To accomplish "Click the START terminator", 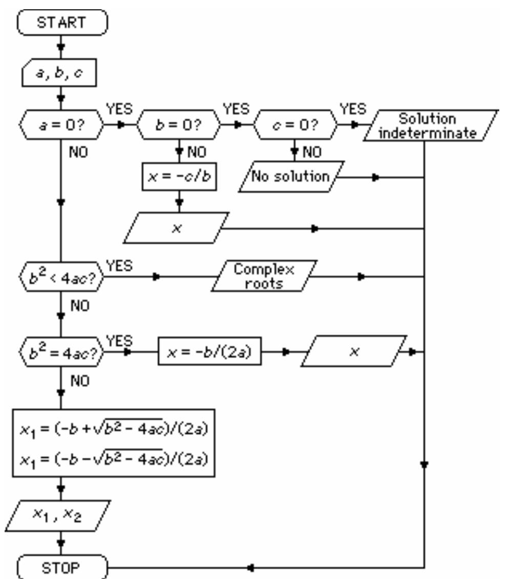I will click(x=61, y=24).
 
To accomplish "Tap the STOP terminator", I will click(x=61, y=567).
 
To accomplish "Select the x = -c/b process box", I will click(x=179, y=176).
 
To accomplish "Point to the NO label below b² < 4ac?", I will click(x=79, y=306).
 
